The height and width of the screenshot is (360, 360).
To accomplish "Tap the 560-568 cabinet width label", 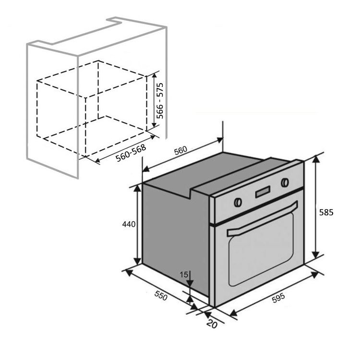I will (x=131, y=153).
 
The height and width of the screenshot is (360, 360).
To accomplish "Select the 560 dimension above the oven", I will (x=180, y=150).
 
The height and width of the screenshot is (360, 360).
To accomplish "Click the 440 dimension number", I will (x=129, y=224).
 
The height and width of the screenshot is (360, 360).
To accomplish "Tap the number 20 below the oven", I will (x=212, y=324).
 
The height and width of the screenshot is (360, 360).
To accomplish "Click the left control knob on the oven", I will (x=237, y=202).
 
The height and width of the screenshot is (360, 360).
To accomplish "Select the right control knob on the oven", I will (x=285, y=182).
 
